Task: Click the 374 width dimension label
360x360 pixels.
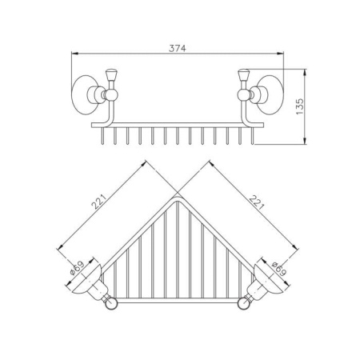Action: [178, 48]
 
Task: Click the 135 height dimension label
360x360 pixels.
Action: [300, 106]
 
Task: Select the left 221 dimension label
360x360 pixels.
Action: [99, 202]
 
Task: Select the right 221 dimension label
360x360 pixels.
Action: [257, 202]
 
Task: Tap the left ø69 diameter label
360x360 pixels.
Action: [77, 268]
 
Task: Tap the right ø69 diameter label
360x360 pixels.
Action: [279, 269]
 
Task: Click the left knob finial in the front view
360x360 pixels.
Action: [111, 75]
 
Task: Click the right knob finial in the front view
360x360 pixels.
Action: [243, 75]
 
